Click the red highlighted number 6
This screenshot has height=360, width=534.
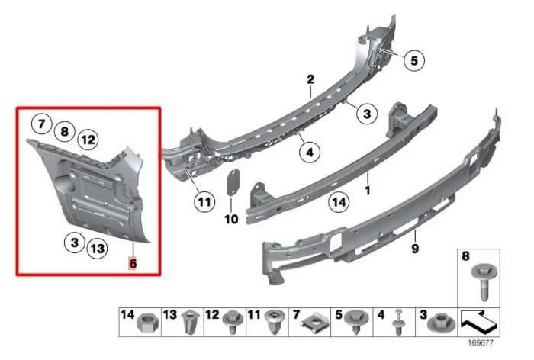(x=133, y=262)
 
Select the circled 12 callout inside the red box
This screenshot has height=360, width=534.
(x=88, y=139)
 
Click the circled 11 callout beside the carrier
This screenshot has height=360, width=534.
(x=203, y=202)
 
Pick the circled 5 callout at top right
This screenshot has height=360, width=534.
(x=413, y=59)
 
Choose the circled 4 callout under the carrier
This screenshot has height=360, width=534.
(x=309, y=153)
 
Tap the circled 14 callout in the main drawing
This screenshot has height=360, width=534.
(x=339, y=202)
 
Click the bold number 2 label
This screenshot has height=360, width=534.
(x=310, y=79)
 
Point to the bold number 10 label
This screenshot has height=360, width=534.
(x=231, y=219)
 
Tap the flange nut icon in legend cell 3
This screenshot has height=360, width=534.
(x=438, y=326)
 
